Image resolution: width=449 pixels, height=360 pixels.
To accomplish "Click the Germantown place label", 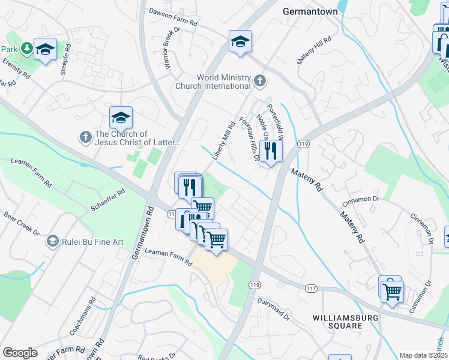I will (308, 11).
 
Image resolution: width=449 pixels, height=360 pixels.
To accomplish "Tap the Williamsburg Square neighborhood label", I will (337, 321).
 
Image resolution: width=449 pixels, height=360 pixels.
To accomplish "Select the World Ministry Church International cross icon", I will (260, 80).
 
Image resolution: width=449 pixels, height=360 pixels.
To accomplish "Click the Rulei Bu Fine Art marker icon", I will (52, 241).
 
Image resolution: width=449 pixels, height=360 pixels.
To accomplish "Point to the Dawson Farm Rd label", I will (173, 17).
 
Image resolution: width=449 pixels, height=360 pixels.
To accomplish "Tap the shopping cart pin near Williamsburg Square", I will (393, 292).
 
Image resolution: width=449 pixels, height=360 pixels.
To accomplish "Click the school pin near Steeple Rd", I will (45, 49).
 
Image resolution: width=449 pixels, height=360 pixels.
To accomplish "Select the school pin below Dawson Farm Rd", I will (240, 41).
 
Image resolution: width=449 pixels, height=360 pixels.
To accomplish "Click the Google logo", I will (20, 353).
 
